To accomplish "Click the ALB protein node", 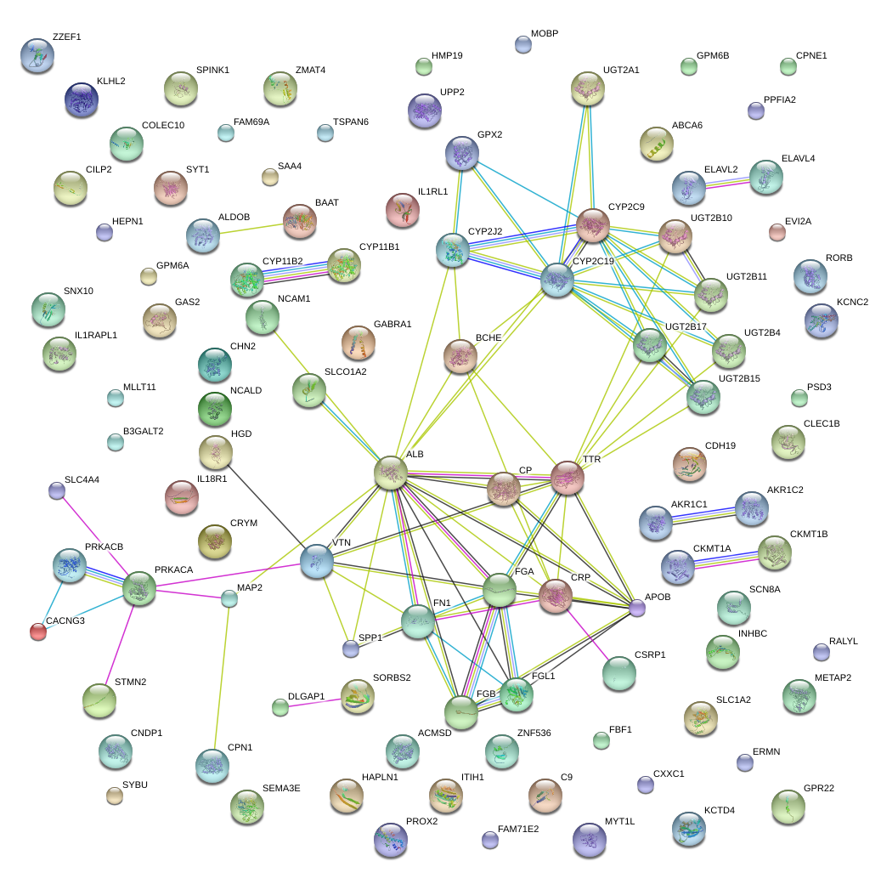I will [391, 472].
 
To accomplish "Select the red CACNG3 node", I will [37, 631].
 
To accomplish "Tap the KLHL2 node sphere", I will [82, 99].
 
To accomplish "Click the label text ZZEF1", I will [66, 37].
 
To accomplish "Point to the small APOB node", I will [637, 607].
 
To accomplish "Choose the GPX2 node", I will [462, 153].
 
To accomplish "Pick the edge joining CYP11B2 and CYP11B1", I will [296, 271].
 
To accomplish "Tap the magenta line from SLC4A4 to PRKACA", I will [93, 535].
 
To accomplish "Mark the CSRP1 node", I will [618, 673].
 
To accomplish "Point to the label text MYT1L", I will [620, 820].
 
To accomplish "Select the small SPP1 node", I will [350, 649].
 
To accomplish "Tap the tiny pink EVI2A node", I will [777, 231].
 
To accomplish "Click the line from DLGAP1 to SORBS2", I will [314, 702].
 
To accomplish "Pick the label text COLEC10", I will [163, 126].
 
